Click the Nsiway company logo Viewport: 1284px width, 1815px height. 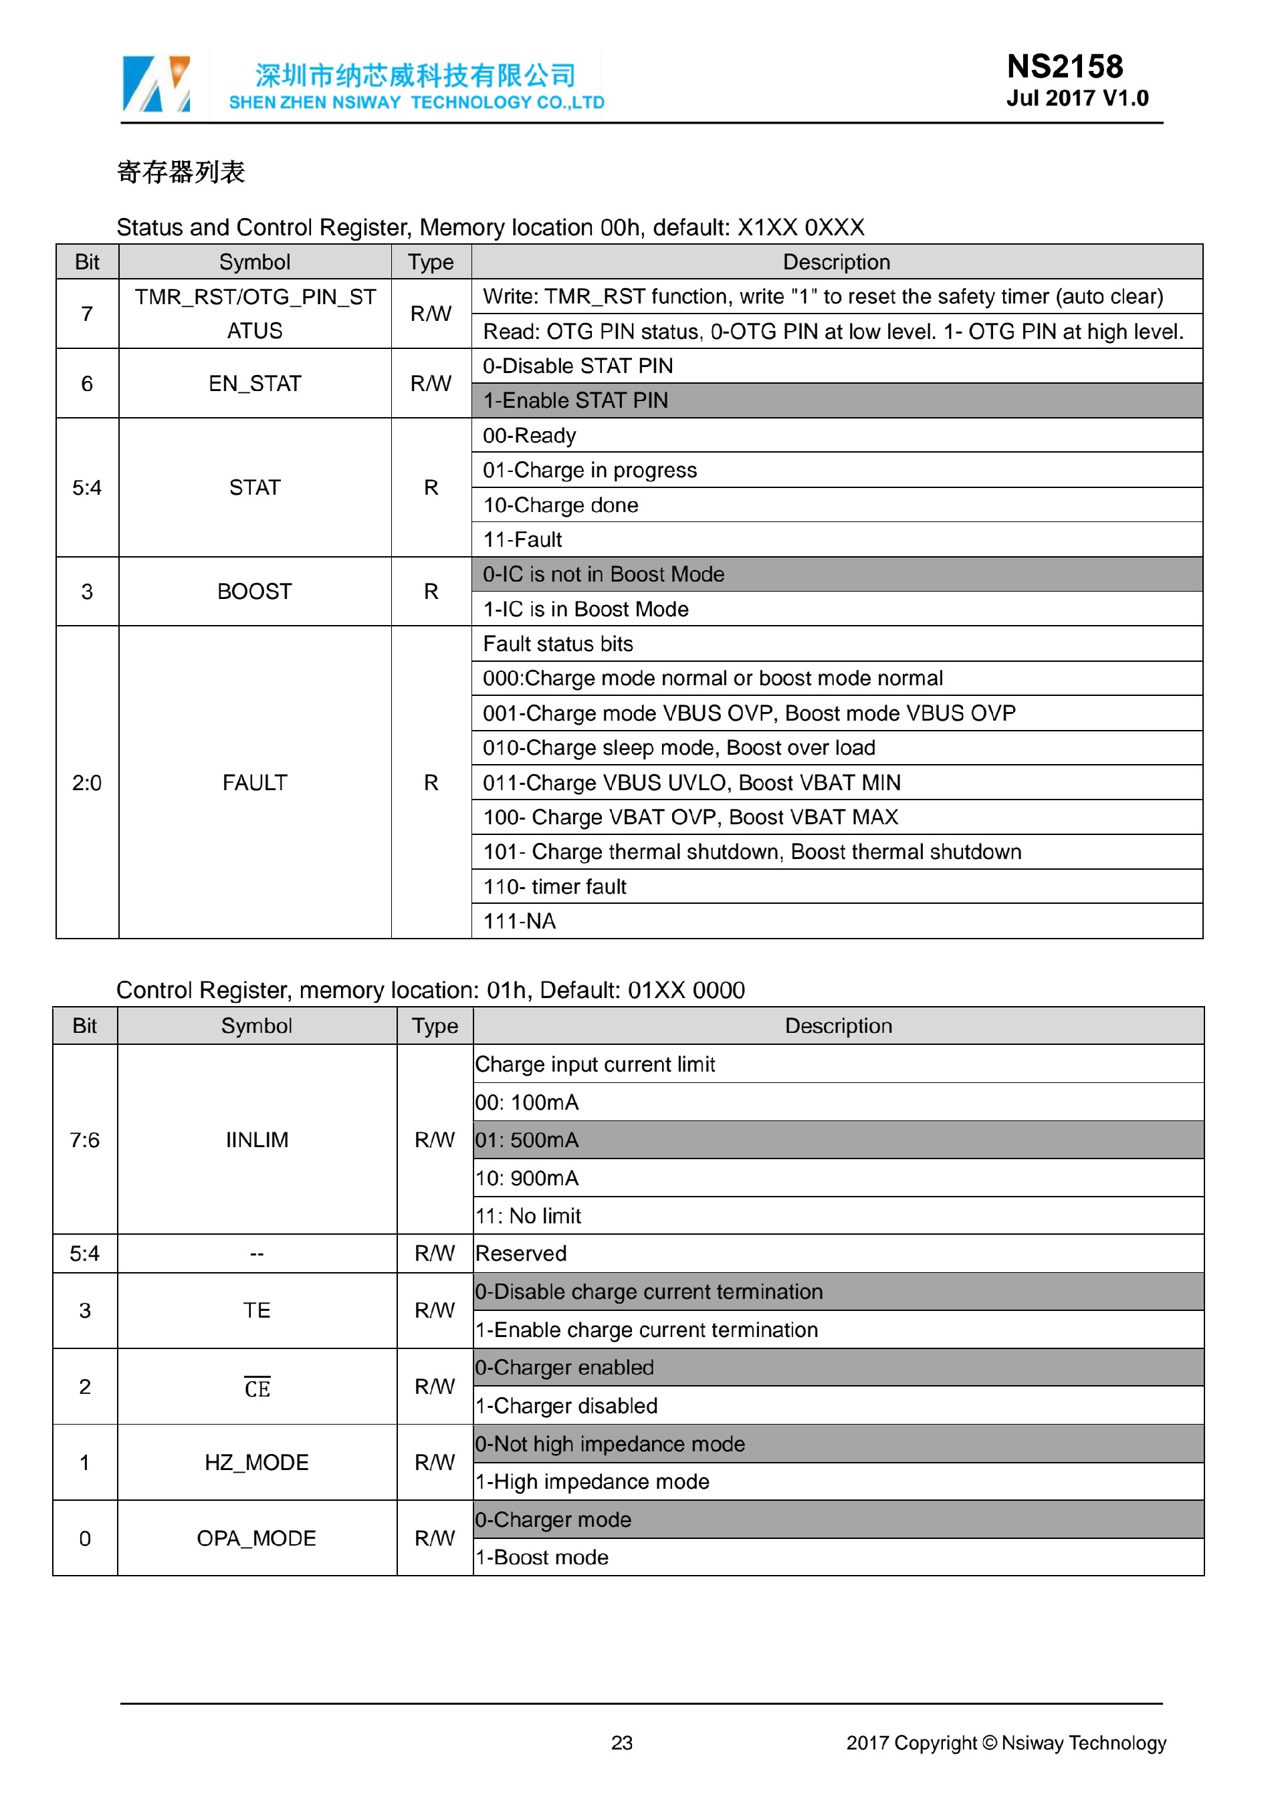coord(156,83)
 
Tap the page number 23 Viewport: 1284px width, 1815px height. coord(621,1742)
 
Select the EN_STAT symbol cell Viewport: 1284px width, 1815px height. coord(255,384)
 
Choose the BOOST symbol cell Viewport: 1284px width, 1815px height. coord(255,592)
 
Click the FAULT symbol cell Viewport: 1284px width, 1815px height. coord(255,783)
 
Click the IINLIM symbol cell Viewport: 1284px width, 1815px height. coord(257,1140)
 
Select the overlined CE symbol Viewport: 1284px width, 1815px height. coord(257,1388)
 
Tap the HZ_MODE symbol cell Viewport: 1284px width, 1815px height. coord(257,1463)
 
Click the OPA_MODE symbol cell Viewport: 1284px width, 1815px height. coord(257,1538)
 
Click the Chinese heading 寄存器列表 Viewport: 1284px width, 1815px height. coord(181,172)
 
